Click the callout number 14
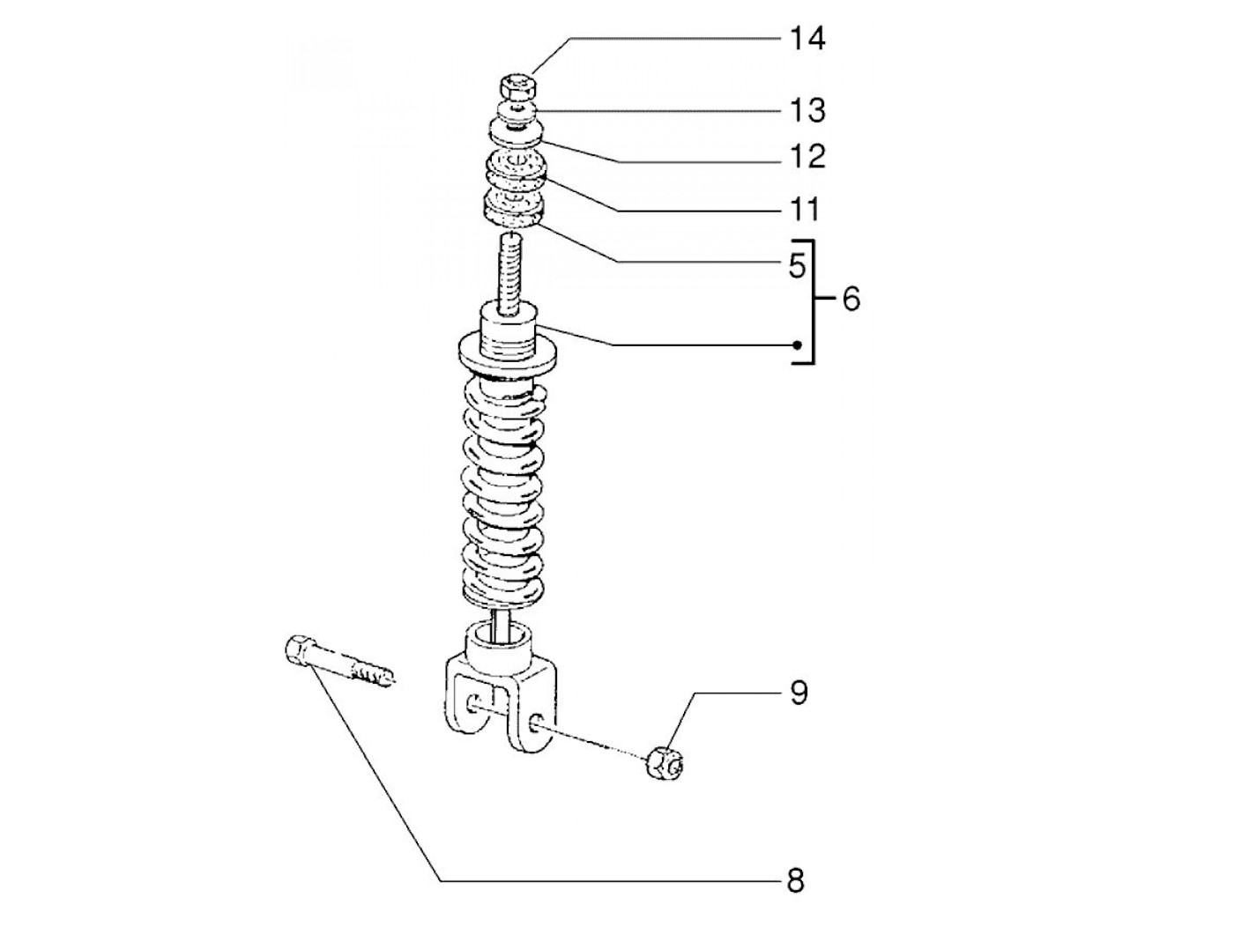coord(807,39)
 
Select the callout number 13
coord(808,110)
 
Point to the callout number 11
coord(805,210)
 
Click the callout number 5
coord(797,266)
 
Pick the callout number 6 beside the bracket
coord(851,300)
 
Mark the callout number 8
coord(796,881)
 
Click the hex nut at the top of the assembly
coord(517,86)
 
